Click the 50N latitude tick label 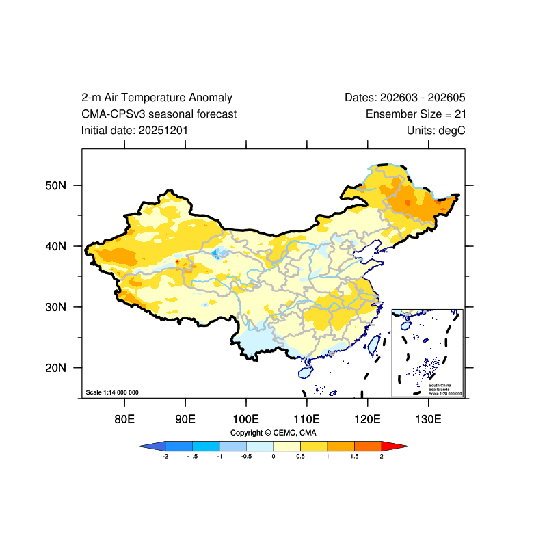pos(55,185)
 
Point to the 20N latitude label pos(55,368)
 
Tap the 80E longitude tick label pos(124,419)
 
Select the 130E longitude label pos(428,419)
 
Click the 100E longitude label pos(246,419)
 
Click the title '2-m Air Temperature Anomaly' pos(157,98)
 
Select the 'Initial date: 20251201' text pos(134,131)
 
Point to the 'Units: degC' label pos(436,131)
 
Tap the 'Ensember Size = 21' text pos(416,114)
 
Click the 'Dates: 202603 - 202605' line pos(405,98)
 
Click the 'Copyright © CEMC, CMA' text pos(273,433)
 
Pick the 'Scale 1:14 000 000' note pos(112,392)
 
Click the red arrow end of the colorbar pos(395,446)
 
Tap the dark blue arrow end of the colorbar pos(152,446)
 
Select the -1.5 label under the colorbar pos(192,457)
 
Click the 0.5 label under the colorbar pos(300,457)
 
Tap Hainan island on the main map pos(306,373)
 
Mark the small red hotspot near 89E pos(177,261)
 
